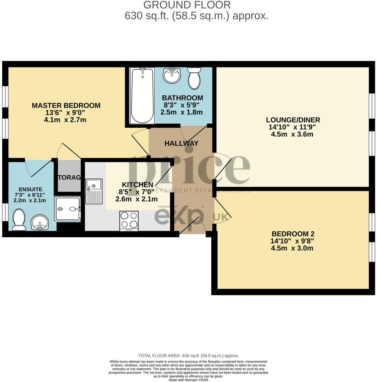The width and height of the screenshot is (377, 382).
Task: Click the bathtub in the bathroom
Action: pyautogui.click(x=143, y=96)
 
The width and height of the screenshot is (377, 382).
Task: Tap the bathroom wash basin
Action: pyautogui.click(x=172, y=75)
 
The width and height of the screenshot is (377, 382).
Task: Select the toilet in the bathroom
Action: pyautogui.click(x=194, y=78)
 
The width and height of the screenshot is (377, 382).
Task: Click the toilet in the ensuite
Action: pyautogui.click(x=19, y=220)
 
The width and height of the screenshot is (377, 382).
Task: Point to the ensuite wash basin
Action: pyautogui.click(x=40, y=222)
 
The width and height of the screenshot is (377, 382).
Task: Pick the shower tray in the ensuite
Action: pyautogui.click(x=67, y=209)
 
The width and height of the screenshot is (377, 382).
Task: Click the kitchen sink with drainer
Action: pyautogui.click(x=94, y=191)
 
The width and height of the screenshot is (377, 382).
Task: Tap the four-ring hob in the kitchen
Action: pyautogui.click(x=129, y=221)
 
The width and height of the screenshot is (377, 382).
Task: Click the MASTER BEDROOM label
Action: pyautogui.click(x=66, y=105)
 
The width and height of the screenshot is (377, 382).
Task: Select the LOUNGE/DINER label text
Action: pyautogui.click(x=293, y=120)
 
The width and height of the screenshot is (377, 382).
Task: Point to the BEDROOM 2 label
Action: pyautogui.click(x=293, y=234)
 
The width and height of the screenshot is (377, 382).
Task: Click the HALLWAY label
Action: pyautogui.click(x=181, y=143)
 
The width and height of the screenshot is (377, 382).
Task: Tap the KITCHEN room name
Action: pyautogui.click(x=138, y=185)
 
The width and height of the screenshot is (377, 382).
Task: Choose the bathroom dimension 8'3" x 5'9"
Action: pyautogui.click(x=182, y=105)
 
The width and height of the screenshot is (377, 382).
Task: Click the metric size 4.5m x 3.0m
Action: pyautogui.click(x=292, y=248)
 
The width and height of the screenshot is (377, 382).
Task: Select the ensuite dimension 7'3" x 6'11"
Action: pyautogui.click(x=30, y=195)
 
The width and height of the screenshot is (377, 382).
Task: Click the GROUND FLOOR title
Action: pyautogui.click(x=187, y=5)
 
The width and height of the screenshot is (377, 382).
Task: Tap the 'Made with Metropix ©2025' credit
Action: pyautogui.click(x=188, y=380)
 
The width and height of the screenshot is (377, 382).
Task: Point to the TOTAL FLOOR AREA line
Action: pyautogui.click(x=188, y=356)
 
